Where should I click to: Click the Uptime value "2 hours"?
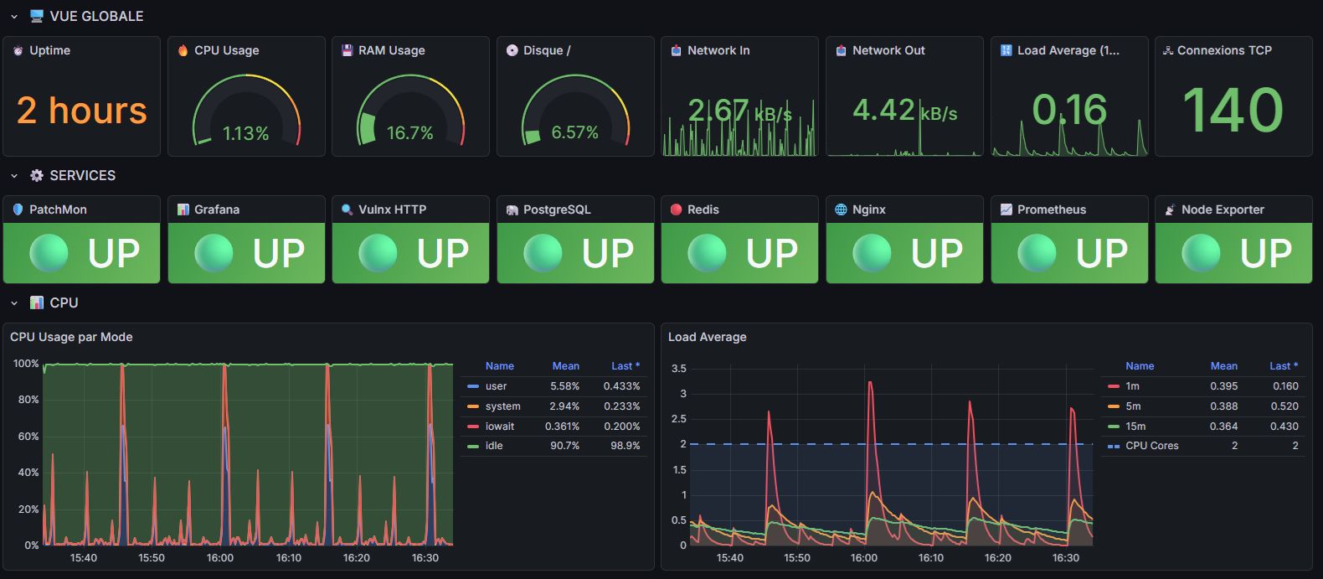click(x=81, y=111)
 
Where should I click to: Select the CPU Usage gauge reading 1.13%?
click(x=245, y=133)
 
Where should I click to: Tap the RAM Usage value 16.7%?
click(x=410, y=133)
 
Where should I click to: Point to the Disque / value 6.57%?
click(x=574, y=132)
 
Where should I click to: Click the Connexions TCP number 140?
click(x=1233, y=110)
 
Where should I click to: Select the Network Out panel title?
click(x=888, y=50)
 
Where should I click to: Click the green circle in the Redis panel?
click(x=707, y=253)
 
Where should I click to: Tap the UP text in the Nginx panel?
click(x=937, y=253)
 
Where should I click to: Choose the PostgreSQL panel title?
click(x=557, y=209)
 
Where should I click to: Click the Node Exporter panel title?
click(x=1223, y=209)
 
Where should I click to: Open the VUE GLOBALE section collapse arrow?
click(x=14, y=17)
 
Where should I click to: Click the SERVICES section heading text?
click(x=83, y=175)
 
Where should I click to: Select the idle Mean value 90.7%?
click(x=564, y=446)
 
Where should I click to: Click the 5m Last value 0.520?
click(x=1284, y=406)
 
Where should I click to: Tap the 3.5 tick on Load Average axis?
click(x=678, y=368)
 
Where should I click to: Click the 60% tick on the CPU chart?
click(x=28, y=436)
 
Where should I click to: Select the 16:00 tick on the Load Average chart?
click(x=864, y=558)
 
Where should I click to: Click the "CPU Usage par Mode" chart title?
click(x=71, y=337)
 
